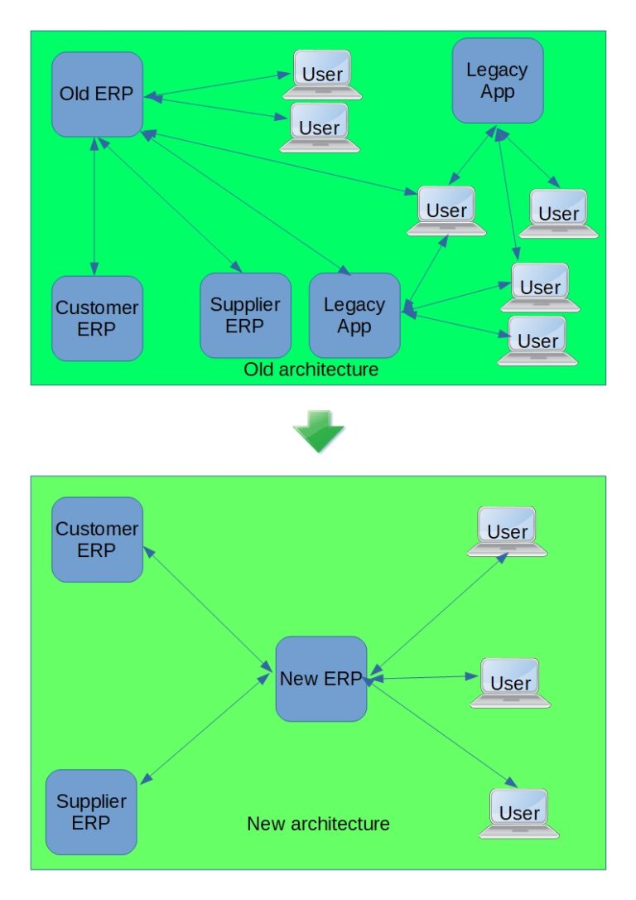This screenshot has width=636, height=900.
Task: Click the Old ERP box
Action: [97, 94]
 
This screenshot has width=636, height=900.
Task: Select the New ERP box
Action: [320, 679]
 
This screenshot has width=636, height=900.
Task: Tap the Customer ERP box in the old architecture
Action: [97, 318]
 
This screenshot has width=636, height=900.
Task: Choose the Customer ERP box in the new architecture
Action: [97, 540]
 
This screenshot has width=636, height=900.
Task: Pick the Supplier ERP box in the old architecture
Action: [245, 315]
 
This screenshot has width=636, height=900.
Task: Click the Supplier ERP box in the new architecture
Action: [91, 812]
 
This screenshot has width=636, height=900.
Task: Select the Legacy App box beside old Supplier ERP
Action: [354, 316]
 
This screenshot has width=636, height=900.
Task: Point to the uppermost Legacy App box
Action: [497, 80]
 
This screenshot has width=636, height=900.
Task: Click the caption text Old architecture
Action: [311, 370]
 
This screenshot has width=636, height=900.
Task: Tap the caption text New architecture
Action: [318, 824]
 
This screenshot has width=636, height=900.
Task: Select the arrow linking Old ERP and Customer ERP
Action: [96, 206]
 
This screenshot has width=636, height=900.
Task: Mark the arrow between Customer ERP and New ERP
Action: [209, 609]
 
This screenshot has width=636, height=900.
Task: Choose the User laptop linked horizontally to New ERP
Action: [510, 682]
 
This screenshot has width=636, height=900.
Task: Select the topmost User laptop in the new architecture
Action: [507, 530]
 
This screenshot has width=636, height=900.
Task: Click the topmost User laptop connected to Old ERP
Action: [321, 74]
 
